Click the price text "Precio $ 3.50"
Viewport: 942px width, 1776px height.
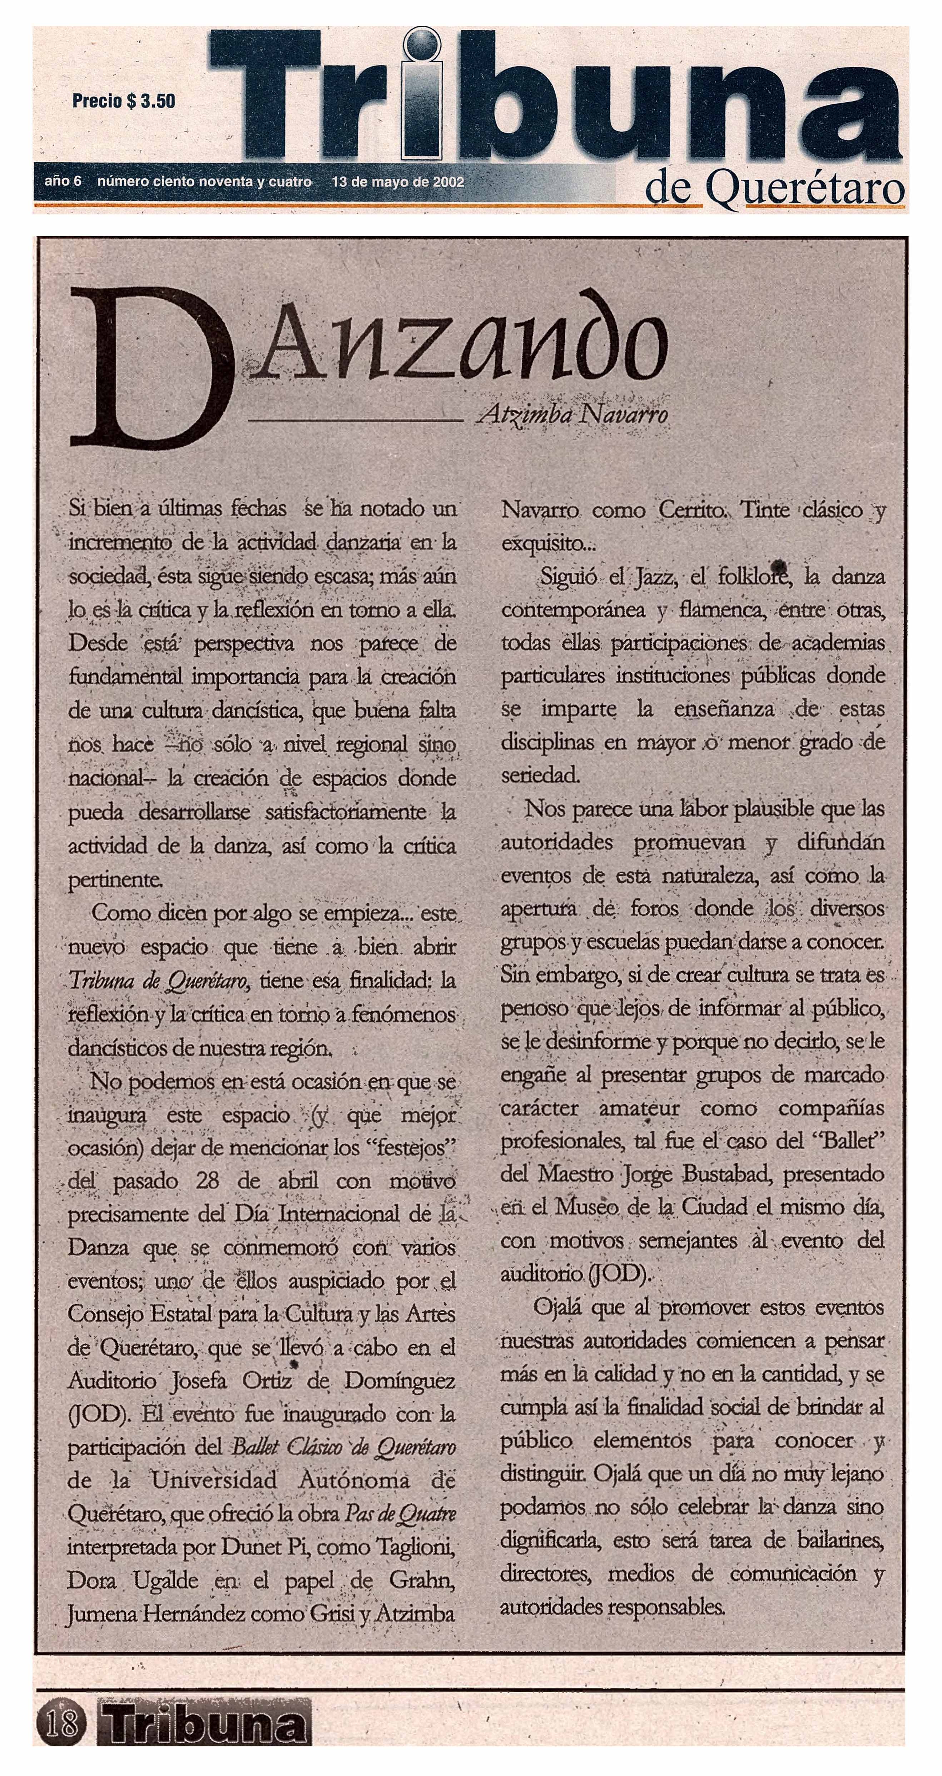pos(123,101)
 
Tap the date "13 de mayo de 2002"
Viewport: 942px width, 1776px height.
pos(397,182)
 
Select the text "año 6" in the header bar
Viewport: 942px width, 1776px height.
pos(63,181)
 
